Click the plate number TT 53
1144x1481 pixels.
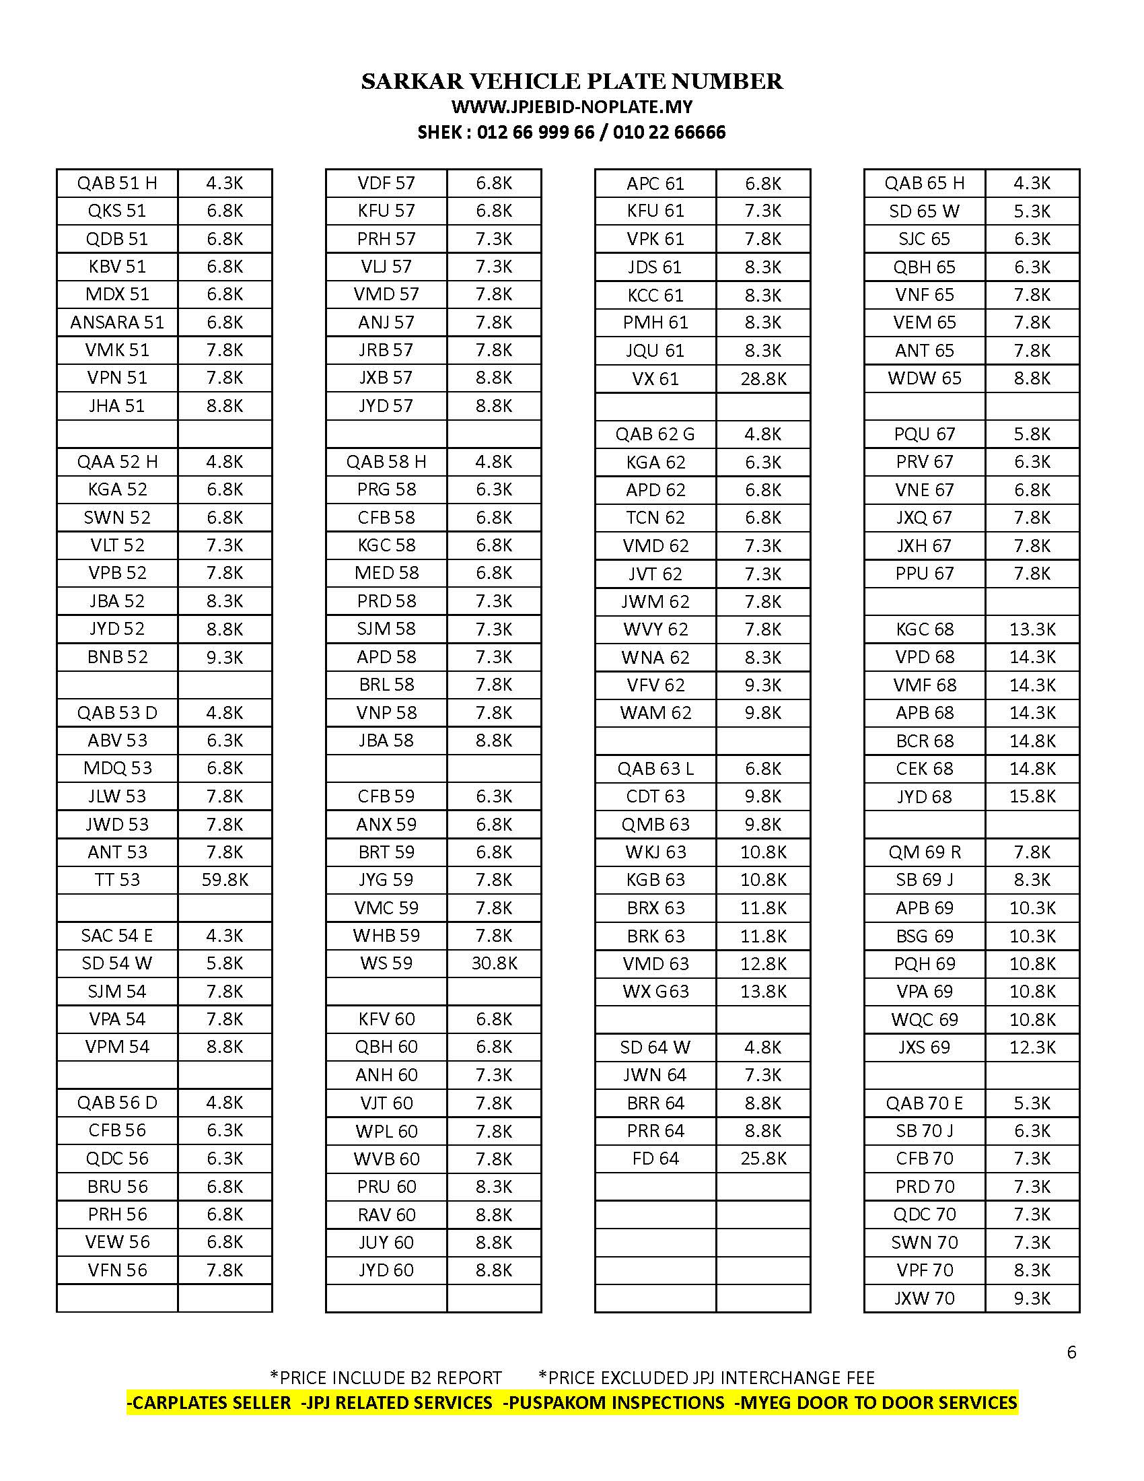click(x=117, y=880)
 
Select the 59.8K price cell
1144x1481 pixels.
click(x=225, y=880)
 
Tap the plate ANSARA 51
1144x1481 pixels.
click(x=117, y=322)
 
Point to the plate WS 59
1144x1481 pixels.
click(x=386, y=963)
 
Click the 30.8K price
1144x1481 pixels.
click(x=494, y=963)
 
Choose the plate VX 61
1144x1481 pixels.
click(x=655, y=378)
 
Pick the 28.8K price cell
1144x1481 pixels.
click(x=763, y=378)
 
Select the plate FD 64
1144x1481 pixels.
click(x=655, y=1159)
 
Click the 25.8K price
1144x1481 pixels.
click(x=763, y=1159)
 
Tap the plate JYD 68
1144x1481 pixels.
click(x=925, y=796)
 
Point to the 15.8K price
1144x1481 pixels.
click(x=1032, y=796)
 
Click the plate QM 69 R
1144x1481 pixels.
click(x=925, y=852)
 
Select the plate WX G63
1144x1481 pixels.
click(x=655, y=992)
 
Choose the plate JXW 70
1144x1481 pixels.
click(x=925, y=1298)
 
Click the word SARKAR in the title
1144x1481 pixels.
click(x=412, y=81)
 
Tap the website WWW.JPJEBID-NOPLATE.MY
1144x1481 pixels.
click(x=572, y=107)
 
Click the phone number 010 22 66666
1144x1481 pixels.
click(x=669, y=132)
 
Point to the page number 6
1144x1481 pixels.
click(x=1071, y=1352)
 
